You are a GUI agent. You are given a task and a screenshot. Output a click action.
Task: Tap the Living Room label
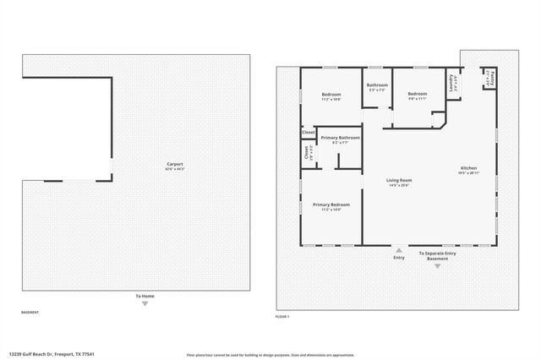[x=398, y=180]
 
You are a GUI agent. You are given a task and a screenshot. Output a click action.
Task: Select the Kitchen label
[x=468, y=167]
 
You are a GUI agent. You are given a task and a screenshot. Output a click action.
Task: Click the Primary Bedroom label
[x=331, y=205]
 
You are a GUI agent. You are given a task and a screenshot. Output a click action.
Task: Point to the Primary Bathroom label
[x=340, y=138]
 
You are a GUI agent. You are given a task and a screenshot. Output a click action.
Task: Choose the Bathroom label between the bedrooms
[x=377, y=85]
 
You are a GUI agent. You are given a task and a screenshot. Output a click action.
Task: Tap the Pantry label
[x=489, y=79]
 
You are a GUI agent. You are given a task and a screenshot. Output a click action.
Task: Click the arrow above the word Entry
[x=398, y=249]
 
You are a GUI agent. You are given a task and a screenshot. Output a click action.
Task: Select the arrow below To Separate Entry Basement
[x=437, y=266]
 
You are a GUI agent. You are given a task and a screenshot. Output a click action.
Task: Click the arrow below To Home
[x=145, y=303]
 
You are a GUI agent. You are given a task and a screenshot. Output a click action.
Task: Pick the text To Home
[x=145, y=296]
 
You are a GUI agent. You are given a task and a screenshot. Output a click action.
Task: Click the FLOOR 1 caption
[x=282, y=316]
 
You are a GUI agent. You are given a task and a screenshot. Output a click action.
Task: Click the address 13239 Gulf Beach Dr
[x=52, y=355]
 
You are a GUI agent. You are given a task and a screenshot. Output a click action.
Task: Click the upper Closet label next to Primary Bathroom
[x=309, y=133]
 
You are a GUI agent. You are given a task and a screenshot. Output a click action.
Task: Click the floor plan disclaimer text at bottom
[x=270, y=355]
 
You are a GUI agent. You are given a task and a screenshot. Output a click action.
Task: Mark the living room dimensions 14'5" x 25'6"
[x=398, y=185]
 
